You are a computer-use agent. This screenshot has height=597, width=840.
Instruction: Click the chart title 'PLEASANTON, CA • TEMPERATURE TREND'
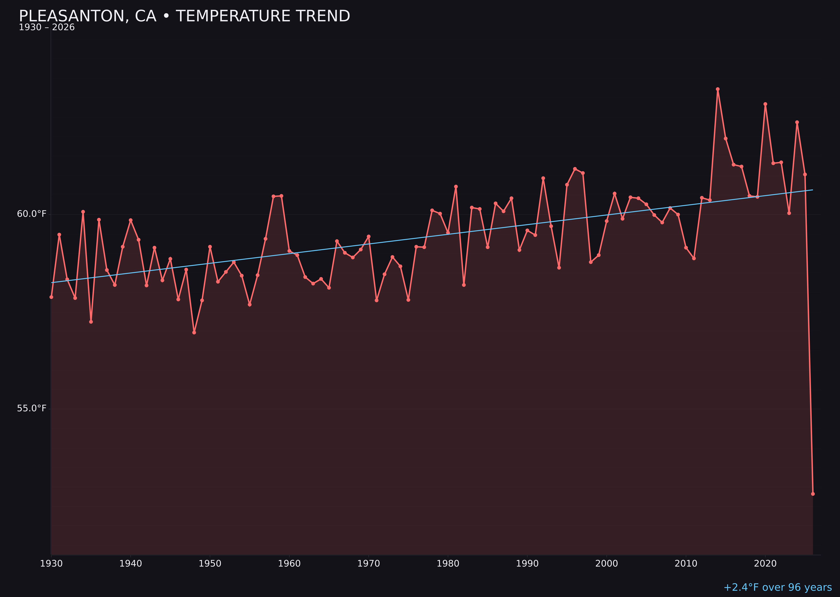click(x=184, y=16)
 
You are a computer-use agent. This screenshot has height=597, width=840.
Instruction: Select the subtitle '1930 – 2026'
click(x=47, y=27)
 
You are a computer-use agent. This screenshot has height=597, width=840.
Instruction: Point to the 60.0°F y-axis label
click(x=32, y=214)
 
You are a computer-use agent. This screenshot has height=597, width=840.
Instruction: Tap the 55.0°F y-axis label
click(x=32, y=408)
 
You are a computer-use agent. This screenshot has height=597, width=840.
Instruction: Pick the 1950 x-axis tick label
click(x=210, y=564)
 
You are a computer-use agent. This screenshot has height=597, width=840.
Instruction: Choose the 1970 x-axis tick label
click(x=369, y=564)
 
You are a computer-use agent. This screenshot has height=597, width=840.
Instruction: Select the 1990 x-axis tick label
click(x=527, y=564)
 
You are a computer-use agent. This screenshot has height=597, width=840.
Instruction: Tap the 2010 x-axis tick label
click(x=686, y=564)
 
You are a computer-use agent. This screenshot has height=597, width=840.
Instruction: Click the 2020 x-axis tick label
click(x=765, y=564)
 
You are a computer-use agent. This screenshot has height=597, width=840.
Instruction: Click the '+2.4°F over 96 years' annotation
click(x=777, y=587)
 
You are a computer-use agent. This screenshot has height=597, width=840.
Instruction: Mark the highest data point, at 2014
click(x=718, y=89)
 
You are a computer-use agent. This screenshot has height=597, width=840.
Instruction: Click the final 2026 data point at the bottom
click(x=813, y=494)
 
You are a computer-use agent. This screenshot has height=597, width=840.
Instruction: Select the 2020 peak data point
click(x=765, y=104)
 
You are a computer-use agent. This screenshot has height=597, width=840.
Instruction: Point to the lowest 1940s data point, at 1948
click(x=194, y=332)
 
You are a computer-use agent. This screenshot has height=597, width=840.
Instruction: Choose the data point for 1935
click(x=91, y=322)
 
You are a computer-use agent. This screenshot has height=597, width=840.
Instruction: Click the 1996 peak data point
click(x=575, y=169)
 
